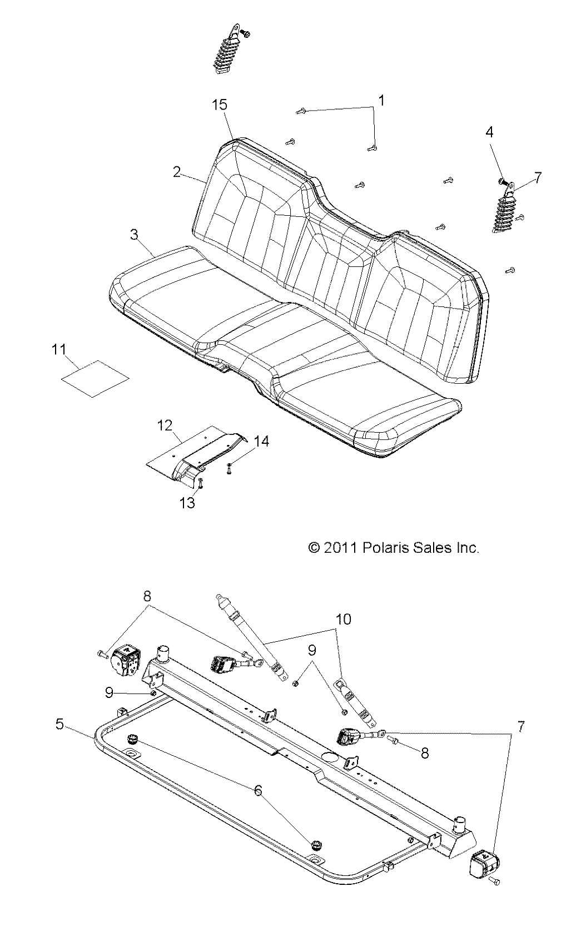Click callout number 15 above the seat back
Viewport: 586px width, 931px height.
pyautogui.click(x=220, y=105)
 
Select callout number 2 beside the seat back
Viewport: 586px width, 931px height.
pyautogui.click(x=177, y=172)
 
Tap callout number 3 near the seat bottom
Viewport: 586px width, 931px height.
pyautogui.click(x=134, y=234)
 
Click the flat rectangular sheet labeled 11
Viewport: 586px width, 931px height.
pyautogui.click(x=95, y=378)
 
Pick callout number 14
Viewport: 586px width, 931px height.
pyautogui.click(x=262, y=441)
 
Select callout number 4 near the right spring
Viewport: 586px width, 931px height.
pyautogui.click(x=489, y=132)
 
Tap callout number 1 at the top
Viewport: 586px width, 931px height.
pyautogui.click(x=381, y=100)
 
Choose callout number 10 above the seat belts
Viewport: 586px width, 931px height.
pyautogui.click(x=344, y=619)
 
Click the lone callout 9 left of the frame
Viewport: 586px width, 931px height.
pyautogui.click(x=110, y=693)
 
